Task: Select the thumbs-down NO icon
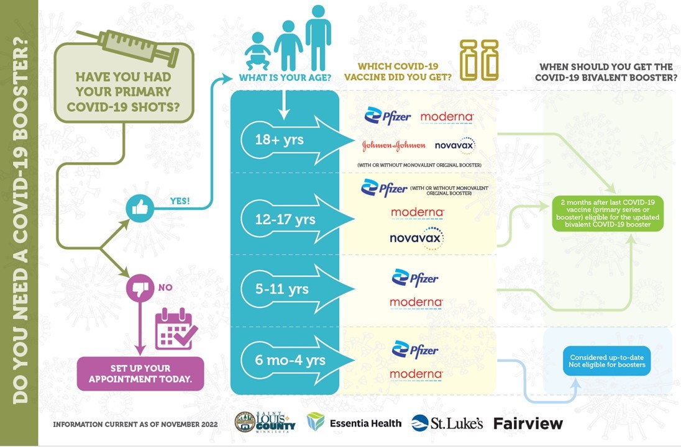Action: [139, 288]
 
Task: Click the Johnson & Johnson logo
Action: [394, 145]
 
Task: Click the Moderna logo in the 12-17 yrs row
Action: [417, 212]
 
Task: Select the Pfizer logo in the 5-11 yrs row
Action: [415, 278]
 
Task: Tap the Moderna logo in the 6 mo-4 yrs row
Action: [416, 374]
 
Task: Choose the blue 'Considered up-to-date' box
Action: [607, 361]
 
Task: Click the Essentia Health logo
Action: [354, 423]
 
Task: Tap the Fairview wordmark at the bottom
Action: [528, 423]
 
